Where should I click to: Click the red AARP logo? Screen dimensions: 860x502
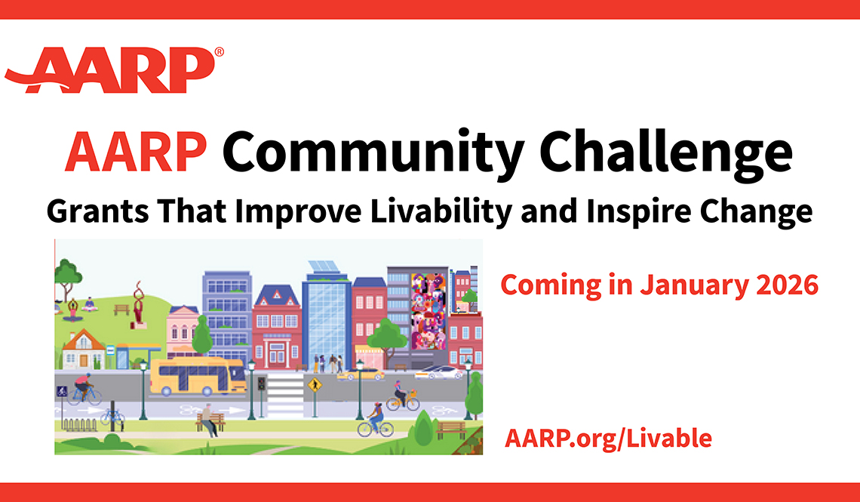109,70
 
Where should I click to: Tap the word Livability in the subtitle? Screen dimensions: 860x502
441,212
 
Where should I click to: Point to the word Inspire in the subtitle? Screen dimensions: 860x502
627,212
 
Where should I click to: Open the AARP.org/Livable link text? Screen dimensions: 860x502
608,439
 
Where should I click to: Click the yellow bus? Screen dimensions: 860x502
198,377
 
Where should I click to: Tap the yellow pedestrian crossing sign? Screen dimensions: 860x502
315,385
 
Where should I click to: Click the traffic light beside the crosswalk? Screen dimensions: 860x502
262,383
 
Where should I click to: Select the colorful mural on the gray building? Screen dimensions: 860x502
428,311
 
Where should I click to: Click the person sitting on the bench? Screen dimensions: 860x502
208,420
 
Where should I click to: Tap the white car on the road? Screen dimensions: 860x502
439,372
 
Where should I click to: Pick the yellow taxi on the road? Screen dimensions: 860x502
361,374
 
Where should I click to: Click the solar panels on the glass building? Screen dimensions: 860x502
324,266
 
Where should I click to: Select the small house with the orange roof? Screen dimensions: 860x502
84,349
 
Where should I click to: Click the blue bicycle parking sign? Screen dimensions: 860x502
62,391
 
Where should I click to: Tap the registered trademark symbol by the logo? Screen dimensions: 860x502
219,51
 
